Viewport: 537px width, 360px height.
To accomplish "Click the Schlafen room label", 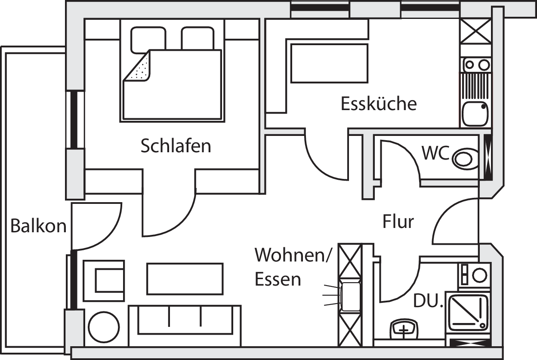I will pyautogui.click(x=176, y=146).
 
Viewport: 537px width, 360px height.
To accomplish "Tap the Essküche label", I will pyautogui.click(x=379, y=104).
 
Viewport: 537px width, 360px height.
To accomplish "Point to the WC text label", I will pyautogui.click(x=435, y=153).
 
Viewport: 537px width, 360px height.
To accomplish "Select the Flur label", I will pyautogui.click(x=398, y=222).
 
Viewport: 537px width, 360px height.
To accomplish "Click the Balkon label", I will pyautogui.click(x=38, y=226).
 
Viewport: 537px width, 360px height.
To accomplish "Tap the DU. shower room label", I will pyautogui.click(x=428, y=302).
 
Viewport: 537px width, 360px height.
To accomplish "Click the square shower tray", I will pyautogui.click(x=468, y=312).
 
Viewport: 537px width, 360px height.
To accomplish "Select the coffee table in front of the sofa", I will pyautogui.click(x=185, y=279).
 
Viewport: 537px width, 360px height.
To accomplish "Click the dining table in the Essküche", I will pyautogui.click(x=329, y=63).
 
